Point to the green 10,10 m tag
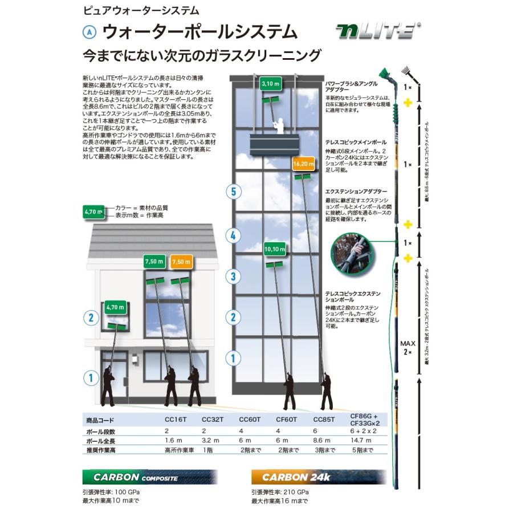[x=275, y=249]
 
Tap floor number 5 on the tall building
[x=232, y=192]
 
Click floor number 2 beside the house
[x=91, y=317]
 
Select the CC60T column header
[x=250, y=421]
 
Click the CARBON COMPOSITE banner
[x=150, y=477]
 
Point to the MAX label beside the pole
[x=407, y=343]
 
